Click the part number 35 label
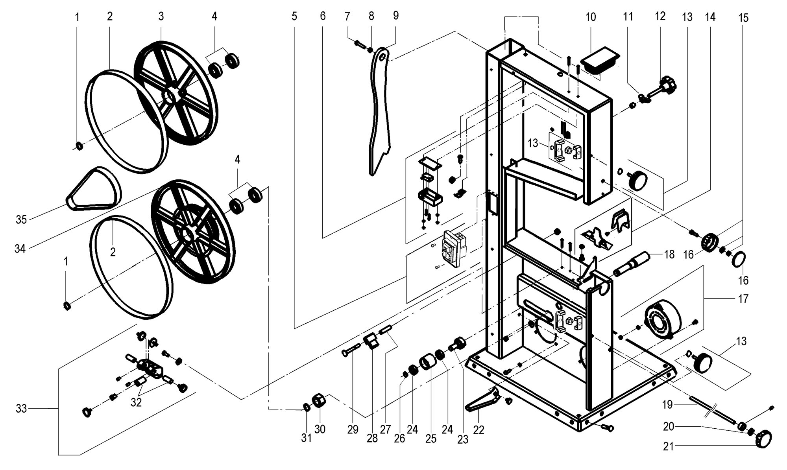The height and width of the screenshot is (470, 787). [x=21, y=219]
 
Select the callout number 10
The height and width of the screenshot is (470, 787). [x=591, y=17]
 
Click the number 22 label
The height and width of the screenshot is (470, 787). [x=478, y=430]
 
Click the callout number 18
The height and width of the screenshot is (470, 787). [x=669, y=254]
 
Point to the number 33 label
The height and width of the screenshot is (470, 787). [x=21, y=409]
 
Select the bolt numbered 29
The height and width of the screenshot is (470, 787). [x=351, y=350]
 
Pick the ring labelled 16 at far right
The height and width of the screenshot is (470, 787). [x=738, y=260]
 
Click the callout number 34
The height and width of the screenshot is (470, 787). [x=20, y=249]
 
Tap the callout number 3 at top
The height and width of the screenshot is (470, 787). [x=161, y=16]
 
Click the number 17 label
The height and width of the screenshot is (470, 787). [x=743, y=299]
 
